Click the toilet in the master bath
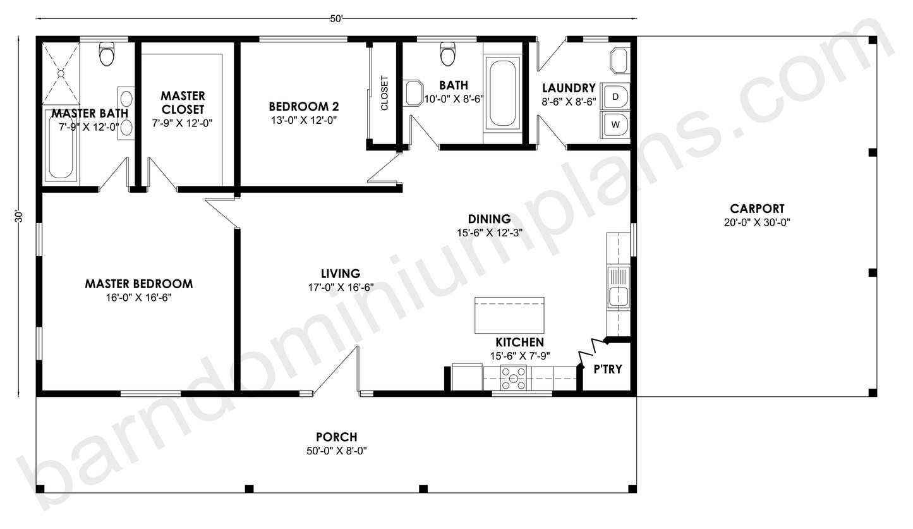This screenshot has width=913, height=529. click(107, 54)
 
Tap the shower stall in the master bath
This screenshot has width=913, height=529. click(61, 73)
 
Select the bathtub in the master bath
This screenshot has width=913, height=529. click(61, 145)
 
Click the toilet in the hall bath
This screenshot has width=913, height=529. click(448, 54)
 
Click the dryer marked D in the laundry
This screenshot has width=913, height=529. click(615, 97)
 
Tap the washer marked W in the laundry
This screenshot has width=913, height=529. click(615, 125)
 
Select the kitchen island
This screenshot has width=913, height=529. click(509, 315)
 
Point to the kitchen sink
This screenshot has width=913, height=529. click(618, 286)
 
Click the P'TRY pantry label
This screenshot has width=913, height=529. click(607, 369)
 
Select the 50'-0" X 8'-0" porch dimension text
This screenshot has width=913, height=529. click(336, 451)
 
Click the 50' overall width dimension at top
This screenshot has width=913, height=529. click(336, 19)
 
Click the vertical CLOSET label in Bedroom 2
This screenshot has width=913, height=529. click(384, 94)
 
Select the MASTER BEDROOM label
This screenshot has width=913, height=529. click(138, 284)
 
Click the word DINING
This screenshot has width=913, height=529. click(489, 219)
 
